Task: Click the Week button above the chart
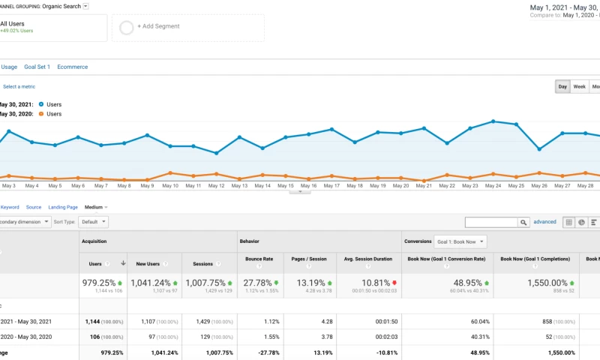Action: click(580, 87)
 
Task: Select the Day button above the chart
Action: click(562, 87)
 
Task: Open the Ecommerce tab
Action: click(72, 67)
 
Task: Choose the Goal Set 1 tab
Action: click(37, 67)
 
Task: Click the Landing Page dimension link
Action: click(63, 207)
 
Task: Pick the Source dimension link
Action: click(34, 207)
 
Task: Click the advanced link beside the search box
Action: click(544, 222)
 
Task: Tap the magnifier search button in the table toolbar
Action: click(523, 223)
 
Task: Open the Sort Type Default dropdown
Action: click(93, 222)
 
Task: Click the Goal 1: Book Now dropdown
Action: click(460, 241)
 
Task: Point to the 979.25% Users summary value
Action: click(99, 283)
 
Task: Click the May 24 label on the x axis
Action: click(492, 185)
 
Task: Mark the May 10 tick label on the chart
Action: click(170, 185)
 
